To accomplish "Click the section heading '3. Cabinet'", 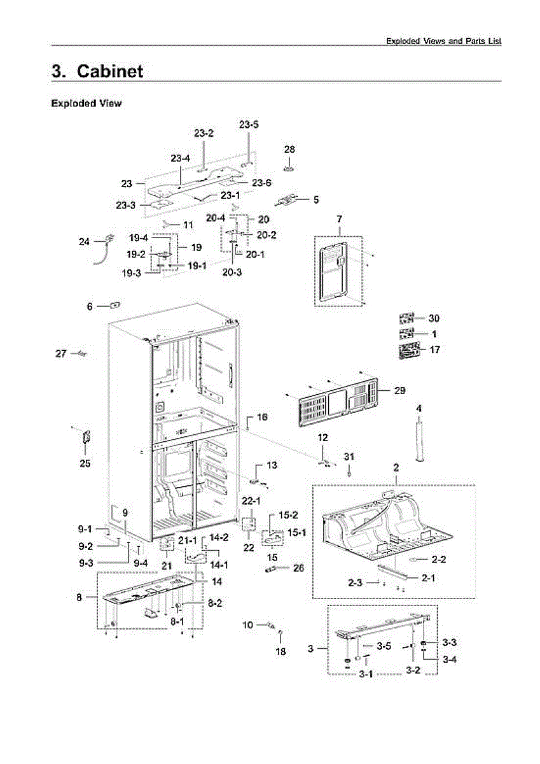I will click(x=97, y=71).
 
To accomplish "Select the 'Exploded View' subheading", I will click(x=86, y=103).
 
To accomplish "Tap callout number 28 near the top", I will click(x=289, y=149).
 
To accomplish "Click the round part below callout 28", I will click(x=290, y=169).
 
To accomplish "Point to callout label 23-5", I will click(x=249, y=125).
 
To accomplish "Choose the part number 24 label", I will click(x=85, y=241).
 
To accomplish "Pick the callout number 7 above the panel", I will click(x=339, y=219).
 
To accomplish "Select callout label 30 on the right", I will click(x=433, y=318).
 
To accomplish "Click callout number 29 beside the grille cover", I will click(x=400, y=390).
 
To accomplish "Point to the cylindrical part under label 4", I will click(x=419, y=439).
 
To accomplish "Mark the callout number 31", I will click(x=349, y=457).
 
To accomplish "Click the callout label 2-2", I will click(x=438, y=560).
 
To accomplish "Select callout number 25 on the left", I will click(x=85, y=463).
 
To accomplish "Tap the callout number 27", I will click(x=60, y=353).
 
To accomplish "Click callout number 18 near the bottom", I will click(x=280, y=651).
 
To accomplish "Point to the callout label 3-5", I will click(x=384, y=646).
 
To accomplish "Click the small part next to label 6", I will click(x=115, y=305).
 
